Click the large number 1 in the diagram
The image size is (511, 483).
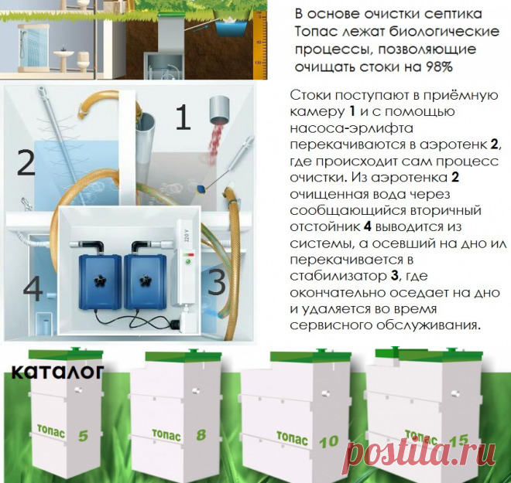click(x=182, y=119)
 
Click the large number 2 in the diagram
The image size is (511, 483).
click(x=26, y=165)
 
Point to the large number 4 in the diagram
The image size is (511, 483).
click(x=33, y=290)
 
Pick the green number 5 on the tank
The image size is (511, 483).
click(x=83, y=436)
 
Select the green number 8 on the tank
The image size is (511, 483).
click(x=201, y=434)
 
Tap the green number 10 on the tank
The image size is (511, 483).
click(x=328, y=441)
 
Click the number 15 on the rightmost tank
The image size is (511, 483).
click(x=458, y=440)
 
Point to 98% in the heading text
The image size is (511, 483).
click(x=438, y=66)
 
